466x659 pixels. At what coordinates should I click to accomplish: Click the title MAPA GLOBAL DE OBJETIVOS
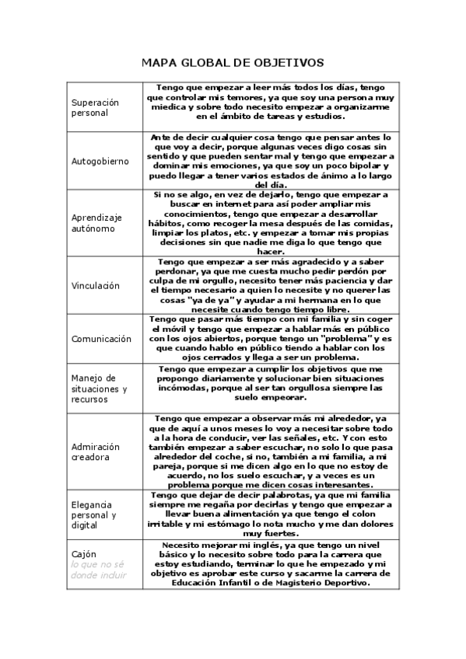(233, 62)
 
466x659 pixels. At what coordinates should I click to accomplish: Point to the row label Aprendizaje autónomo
(97, 223)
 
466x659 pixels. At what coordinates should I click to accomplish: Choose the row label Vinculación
(96, 285)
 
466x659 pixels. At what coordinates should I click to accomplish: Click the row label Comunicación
(101, 339)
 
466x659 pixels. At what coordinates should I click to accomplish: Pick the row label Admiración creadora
(96, 452)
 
